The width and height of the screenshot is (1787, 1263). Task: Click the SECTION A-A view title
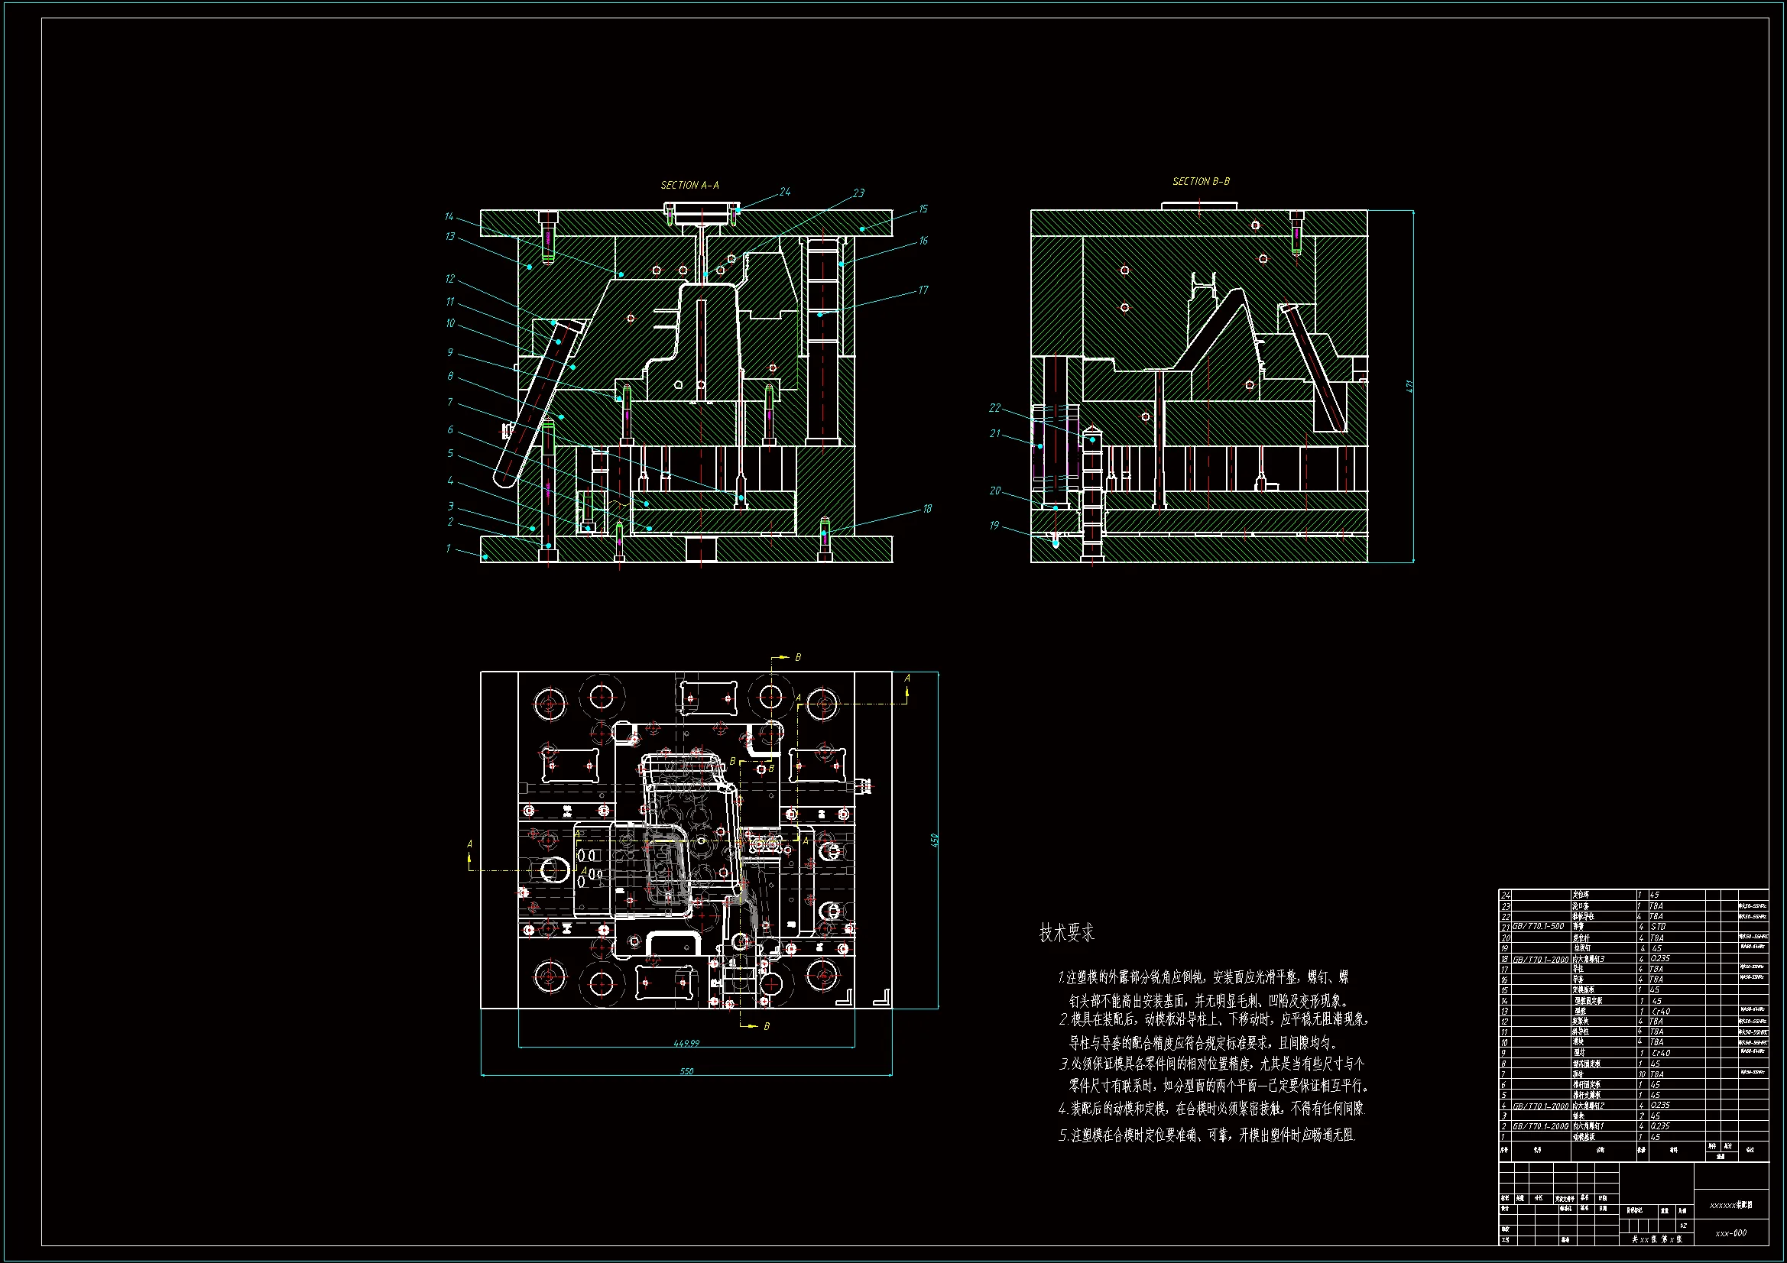point(689,185)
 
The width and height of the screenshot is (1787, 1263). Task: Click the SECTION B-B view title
point(1201,181)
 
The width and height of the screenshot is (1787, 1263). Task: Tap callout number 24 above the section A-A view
point(784,192)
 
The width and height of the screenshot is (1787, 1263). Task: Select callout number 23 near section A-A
point(858,193)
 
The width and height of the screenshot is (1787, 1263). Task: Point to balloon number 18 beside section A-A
point(927,509)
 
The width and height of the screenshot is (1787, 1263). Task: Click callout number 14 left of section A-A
point(449,216)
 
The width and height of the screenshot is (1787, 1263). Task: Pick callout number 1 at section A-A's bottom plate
point(449,549)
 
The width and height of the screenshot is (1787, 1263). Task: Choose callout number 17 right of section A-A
point(923,290)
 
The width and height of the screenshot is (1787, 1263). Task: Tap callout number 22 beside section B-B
point(994,408)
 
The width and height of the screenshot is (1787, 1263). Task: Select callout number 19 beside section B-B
point(994,525)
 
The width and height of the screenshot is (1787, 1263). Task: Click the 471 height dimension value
point(1409,386)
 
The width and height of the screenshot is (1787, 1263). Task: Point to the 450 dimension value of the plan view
point(934,840)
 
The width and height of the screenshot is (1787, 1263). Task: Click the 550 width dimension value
point(686,1071)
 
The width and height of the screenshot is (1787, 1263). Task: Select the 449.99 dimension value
point(686,1043)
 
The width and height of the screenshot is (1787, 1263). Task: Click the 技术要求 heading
point(1066,933)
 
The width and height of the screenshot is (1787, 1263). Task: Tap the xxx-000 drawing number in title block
point(1730,1233)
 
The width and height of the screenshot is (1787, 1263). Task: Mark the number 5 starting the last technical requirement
point(1063,1135)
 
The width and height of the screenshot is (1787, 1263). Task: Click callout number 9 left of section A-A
point(450,352)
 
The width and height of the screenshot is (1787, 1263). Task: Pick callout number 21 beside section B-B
point(994,433)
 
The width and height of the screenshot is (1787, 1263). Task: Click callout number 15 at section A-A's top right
point(923,209)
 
